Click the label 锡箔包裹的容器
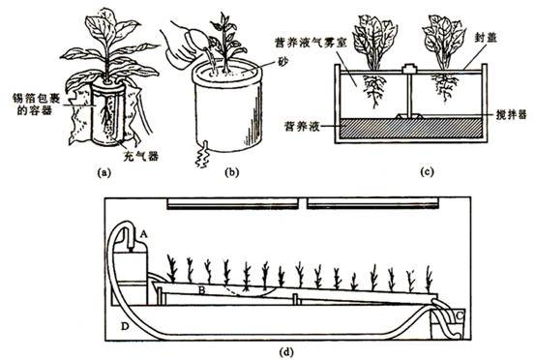point(39,105)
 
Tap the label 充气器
point(140,156)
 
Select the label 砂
point(283,62)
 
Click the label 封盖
point(486,38)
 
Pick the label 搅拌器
point(511,114)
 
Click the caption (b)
point(232,172)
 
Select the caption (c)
point(427,171)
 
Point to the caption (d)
point(286,351)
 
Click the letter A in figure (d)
point(143,234)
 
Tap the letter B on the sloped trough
point(202,290)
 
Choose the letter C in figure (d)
point(460,315)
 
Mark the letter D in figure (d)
point(125,326)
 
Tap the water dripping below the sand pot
point(202,154)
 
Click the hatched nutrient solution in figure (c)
point(411,128)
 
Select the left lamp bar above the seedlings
point(233,204)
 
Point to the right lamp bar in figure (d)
point(372,204)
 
